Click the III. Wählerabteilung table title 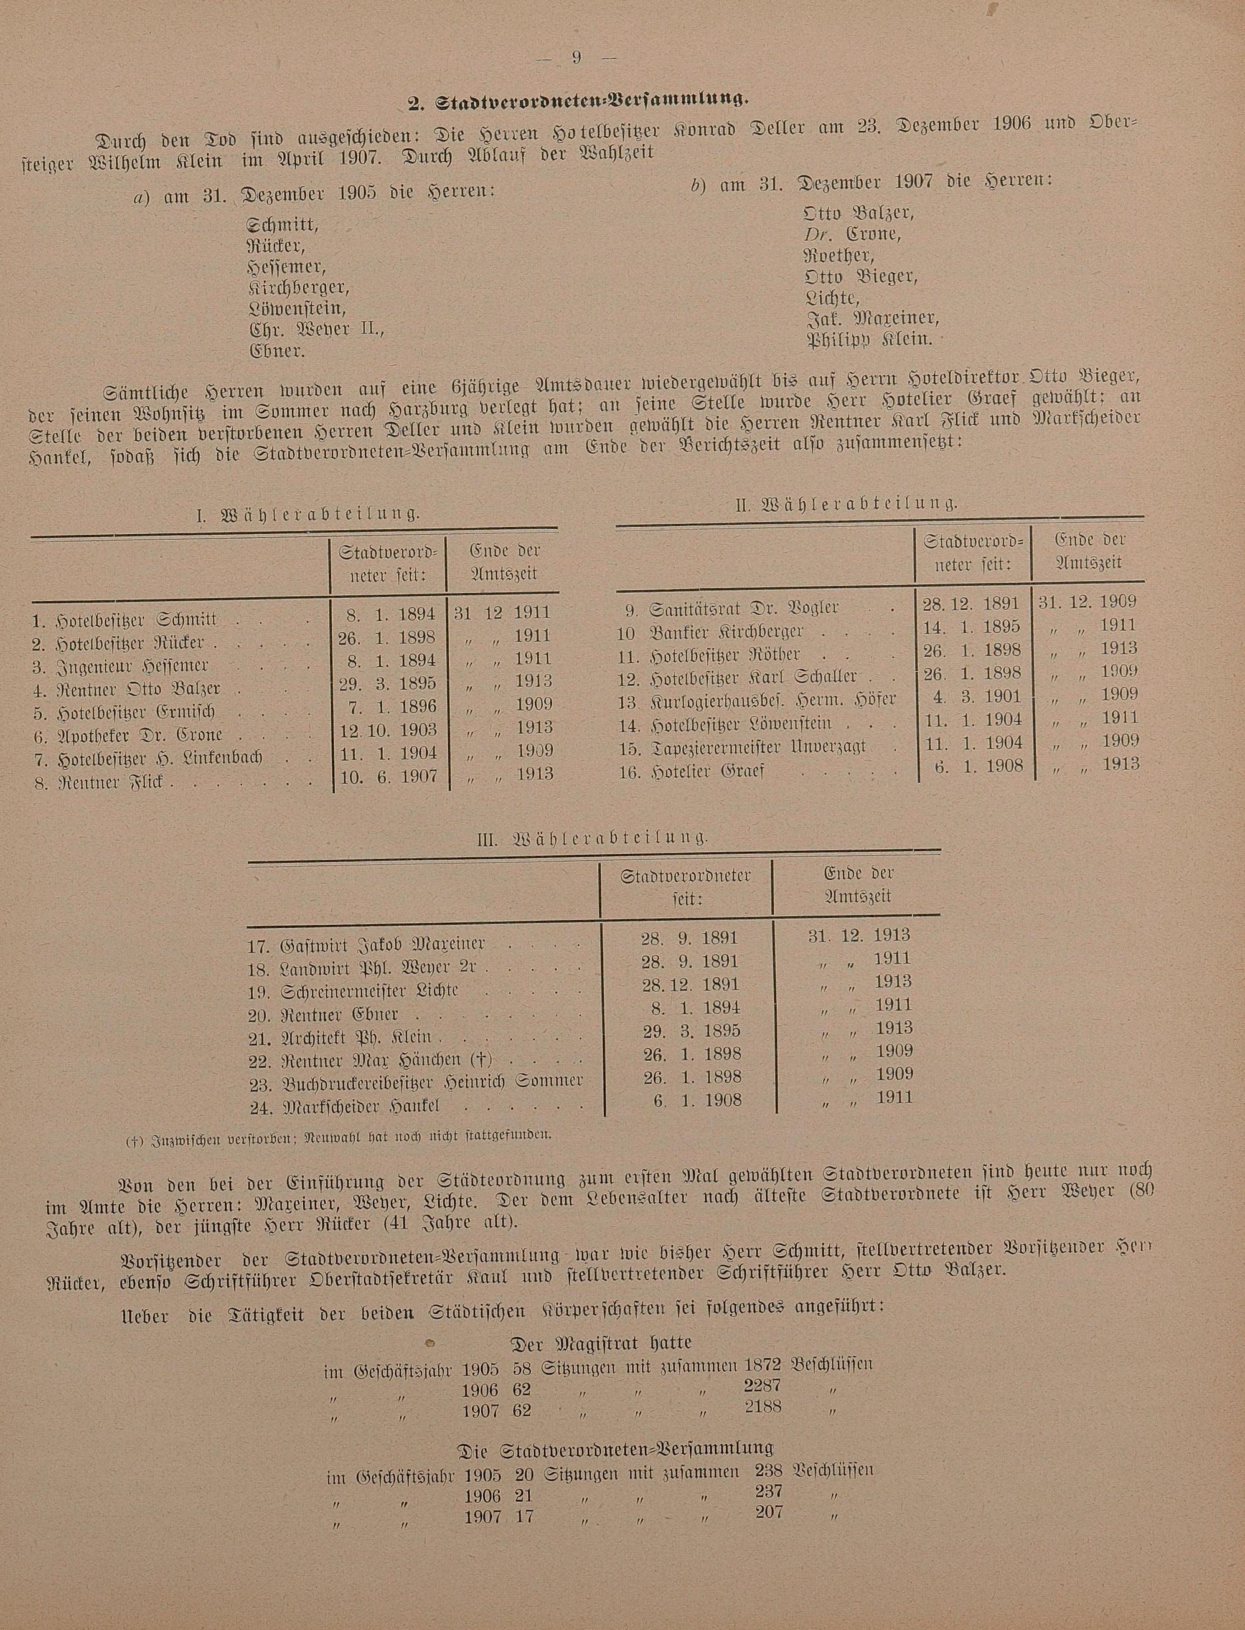[x=593, y=839]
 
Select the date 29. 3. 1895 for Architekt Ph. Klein [x=690, y=1031]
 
